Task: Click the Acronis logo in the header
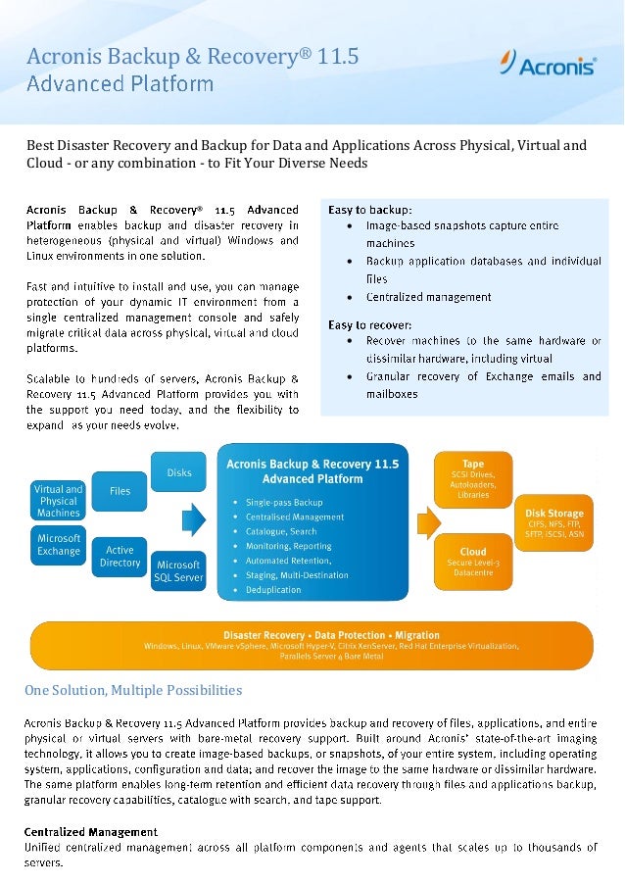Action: point(549,66)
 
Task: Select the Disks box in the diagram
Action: point(178,472)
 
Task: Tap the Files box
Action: point(120,490)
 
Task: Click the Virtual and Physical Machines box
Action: point(59,500)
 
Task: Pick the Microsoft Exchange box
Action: point(59,545)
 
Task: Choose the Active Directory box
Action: point(120,557)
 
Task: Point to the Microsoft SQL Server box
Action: point(178,571)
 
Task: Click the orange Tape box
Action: point(473,477)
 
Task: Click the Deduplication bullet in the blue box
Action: point(274,591)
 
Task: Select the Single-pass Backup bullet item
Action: point(283,503)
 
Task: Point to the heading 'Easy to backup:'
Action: point(370,209)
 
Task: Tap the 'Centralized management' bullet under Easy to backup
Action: point(429,296)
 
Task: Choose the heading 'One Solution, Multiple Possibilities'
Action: point(133,691)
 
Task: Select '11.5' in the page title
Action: point(338,58)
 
